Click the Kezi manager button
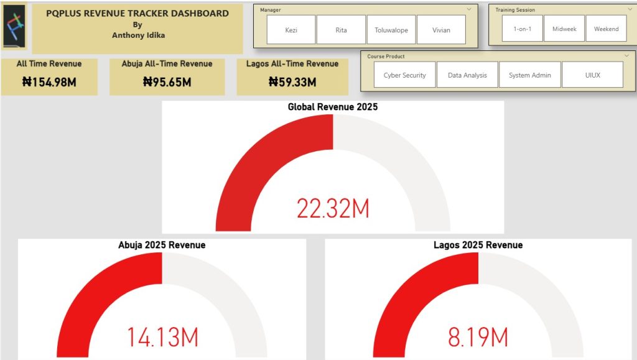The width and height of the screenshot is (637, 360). click(x=291, y=30)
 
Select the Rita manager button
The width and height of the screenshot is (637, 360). click(x=341, y=30)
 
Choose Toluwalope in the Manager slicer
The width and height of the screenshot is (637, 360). click(x=391, y=30)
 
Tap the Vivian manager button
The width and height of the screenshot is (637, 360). click(x=441, y=30)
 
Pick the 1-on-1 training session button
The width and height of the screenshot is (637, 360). click(x=522, y=29)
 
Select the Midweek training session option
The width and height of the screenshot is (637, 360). click(x=564, y=29)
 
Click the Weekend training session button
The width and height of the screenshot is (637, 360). click(x=606, y=29)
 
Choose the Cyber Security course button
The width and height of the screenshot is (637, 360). click(x=404, y=75)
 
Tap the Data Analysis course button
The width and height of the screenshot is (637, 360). click(x=467, y=75)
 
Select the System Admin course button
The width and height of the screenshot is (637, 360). click(x=529, y=75)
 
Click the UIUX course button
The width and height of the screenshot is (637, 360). click(x=592, y=75)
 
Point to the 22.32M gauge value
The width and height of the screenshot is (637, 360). click(x=333, y=209)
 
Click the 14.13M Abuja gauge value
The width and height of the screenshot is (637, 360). click(x=162, y=337)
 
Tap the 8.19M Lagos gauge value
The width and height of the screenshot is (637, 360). click(x=478, y=337)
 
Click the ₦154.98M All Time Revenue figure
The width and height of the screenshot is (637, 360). click(x=49, y=81)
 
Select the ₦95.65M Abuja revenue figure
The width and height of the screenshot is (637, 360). click(x=167, y=81)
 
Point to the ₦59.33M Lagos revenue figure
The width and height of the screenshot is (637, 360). click(x=292, y=81)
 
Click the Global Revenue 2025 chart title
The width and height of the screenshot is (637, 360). click(x=333, y=107)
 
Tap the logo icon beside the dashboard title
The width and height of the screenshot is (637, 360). click(x=14, y=27)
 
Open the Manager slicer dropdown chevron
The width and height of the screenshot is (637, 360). click(x=469, y=10)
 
